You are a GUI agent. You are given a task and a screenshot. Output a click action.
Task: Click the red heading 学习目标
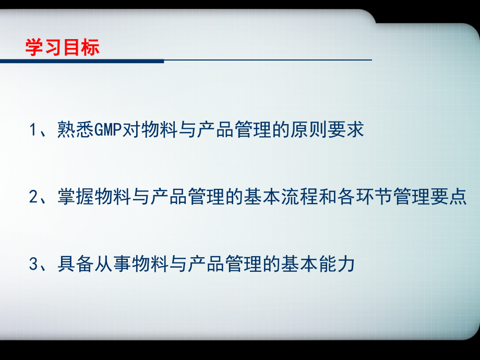coord(62,47)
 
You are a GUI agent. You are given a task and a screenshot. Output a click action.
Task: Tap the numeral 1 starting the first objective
coord(33,130)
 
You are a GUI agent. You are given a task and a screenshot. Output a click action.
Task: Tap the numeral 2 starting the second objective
coord(33,198)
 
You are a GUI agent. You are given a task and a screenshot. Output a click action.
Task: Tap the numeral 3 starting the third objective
coord(33,265)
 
